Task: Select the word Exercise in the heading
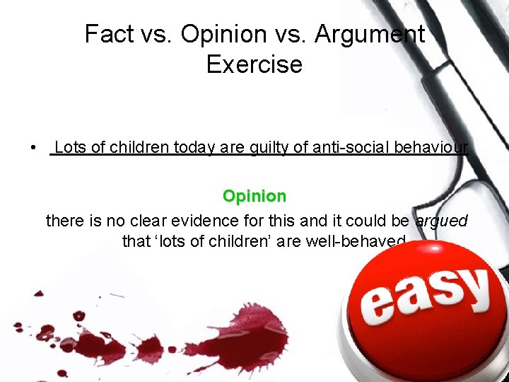(x=255, y=64)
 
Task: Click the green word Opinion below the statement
(x=255, y=196)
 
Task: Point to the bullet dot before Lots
(x=33, y=148)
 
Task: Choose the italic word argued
(x=442, y=221)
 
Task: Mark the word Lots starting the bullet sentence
(x=71, y=147)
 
